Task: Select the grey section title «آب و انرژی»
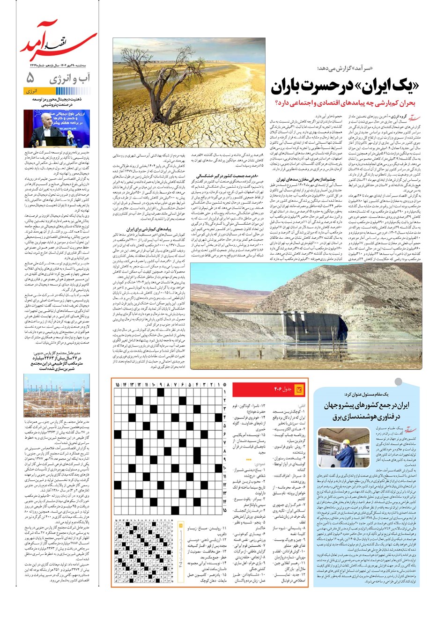[69, 78]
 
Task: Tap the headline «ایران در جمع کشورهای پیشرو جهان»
[367, 410]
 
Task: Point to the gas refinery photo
[57, 395]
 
